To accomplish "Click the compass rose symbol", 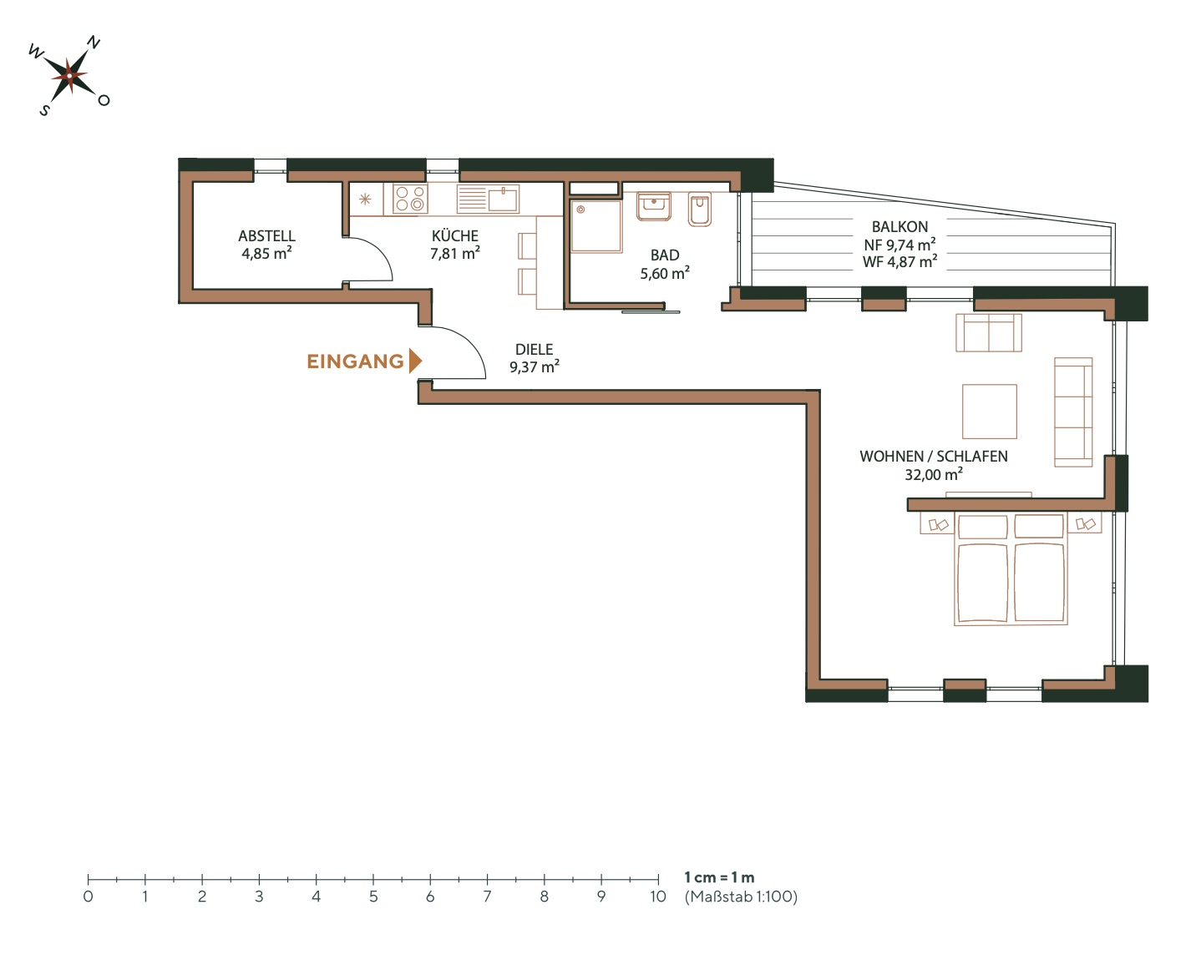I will click(69, 76).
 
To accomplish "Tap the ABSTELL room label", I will click(266, 236).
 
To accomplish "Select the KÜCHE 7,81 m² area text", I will click(454, 245).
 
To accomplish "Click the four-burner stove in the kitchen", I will click(410, 200).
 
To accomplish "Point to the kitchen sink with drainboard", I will click(488, 199).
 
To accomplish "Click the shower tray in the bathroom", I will click(595, 225).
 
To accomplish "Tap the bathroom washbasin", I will click(654, 206).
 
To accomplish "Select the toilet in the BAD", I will click(700, 210).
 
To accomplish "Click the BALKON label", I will click(899, 226).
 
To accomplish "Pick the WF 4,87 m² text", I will click(899, 262).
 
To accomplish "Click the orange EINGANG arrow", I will click(415, 361).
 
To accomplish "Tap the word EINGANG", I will click(355, 361).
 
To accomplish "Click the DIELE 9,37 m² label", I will click(535, 358).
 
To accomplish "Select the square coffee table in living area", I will click(989, 411).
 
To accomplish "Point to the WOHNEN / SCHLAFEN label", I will click(933, 457).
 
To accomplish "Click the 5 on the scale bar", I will click(373, 897).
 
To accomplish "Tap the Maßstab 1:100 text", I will click(741, 897).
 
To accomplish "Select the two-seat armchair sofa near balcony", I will click(989, 332).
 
